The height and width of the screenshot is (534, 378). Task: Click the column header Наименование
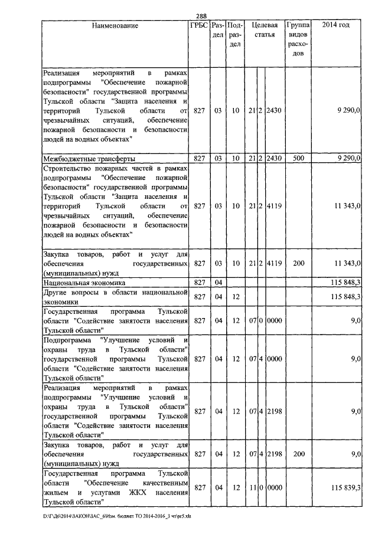(115, 25)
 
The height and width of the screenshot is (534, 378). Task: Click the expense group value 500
(298, 159)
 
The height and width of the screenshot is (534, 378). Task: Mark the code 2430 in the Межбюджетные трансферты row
(273, 159)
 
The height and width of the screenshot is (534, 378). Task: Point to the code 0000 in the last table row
(273, 487)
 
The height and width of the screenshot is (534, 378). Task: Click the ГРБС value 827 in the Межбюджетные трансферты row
(199, 159)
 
